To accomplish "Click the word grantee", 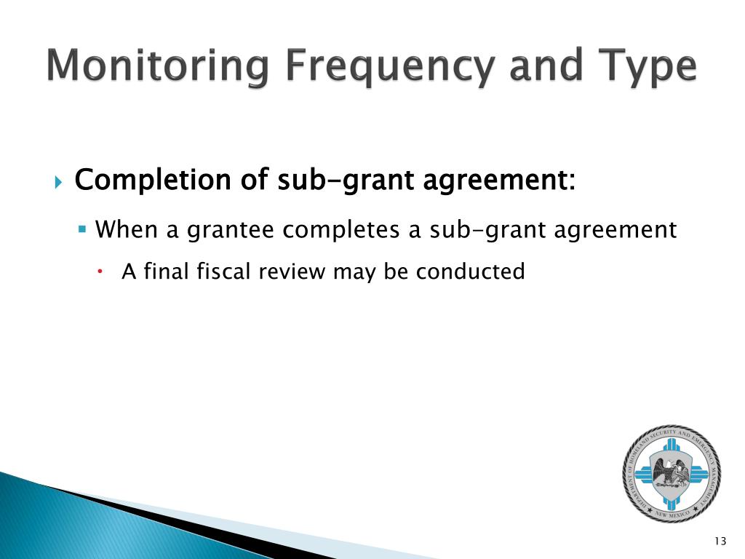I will [x=232, y=230].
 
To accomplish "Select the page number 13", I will [x=720, y=540].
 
